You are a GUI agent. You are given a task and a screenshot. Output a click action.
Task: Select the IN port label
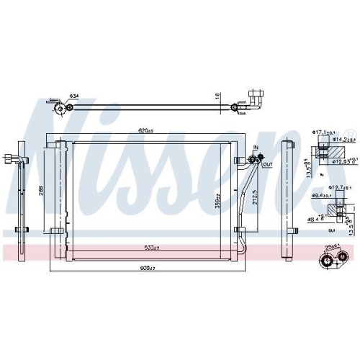pos(255,147)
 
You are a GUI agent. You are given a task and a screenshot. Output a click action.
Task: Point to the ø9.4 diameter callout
pos(321,196)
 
